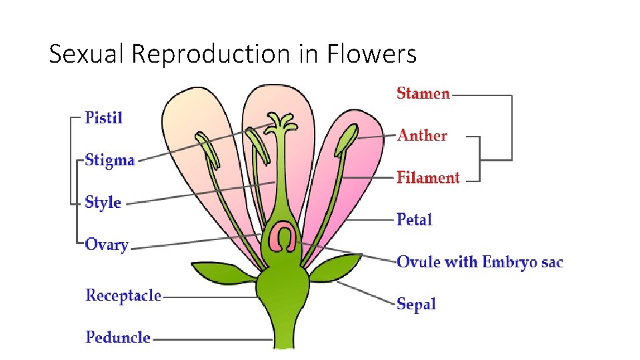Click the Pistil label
pos(104,118)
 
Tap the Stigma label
pos(110,161)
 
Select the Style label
pos(103,202)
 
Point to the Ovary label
pos(107,245)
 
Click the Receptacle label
pos(123,295)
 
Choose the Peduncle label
pos(118,337)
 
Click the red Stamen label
pos(423,93)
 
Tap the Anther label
pos(423,135)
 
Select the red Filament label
pos(428,177)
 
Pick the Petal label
pos(414,219)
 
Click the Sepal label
pos(416,304)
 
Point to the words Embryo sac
pos(522,262)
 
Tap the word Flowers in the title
pos(371,53)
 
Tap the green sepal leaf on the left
pos(223,272)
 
